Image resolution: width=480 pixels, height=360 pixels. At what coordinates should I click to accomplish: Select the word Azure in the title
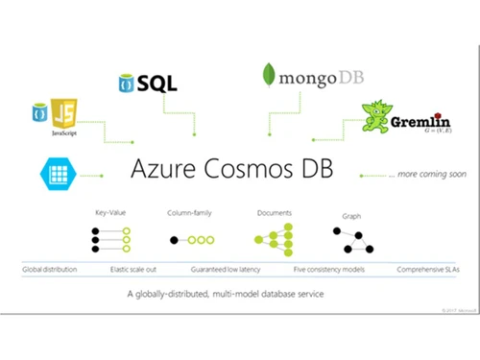(x=167, y=171)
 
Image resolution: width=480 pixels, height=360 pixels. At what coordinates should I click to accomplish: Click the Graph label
(x=351, y=216)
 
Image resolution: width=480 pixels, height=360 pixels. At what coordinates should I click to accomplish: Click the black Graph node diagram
(x=352, y=240)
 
